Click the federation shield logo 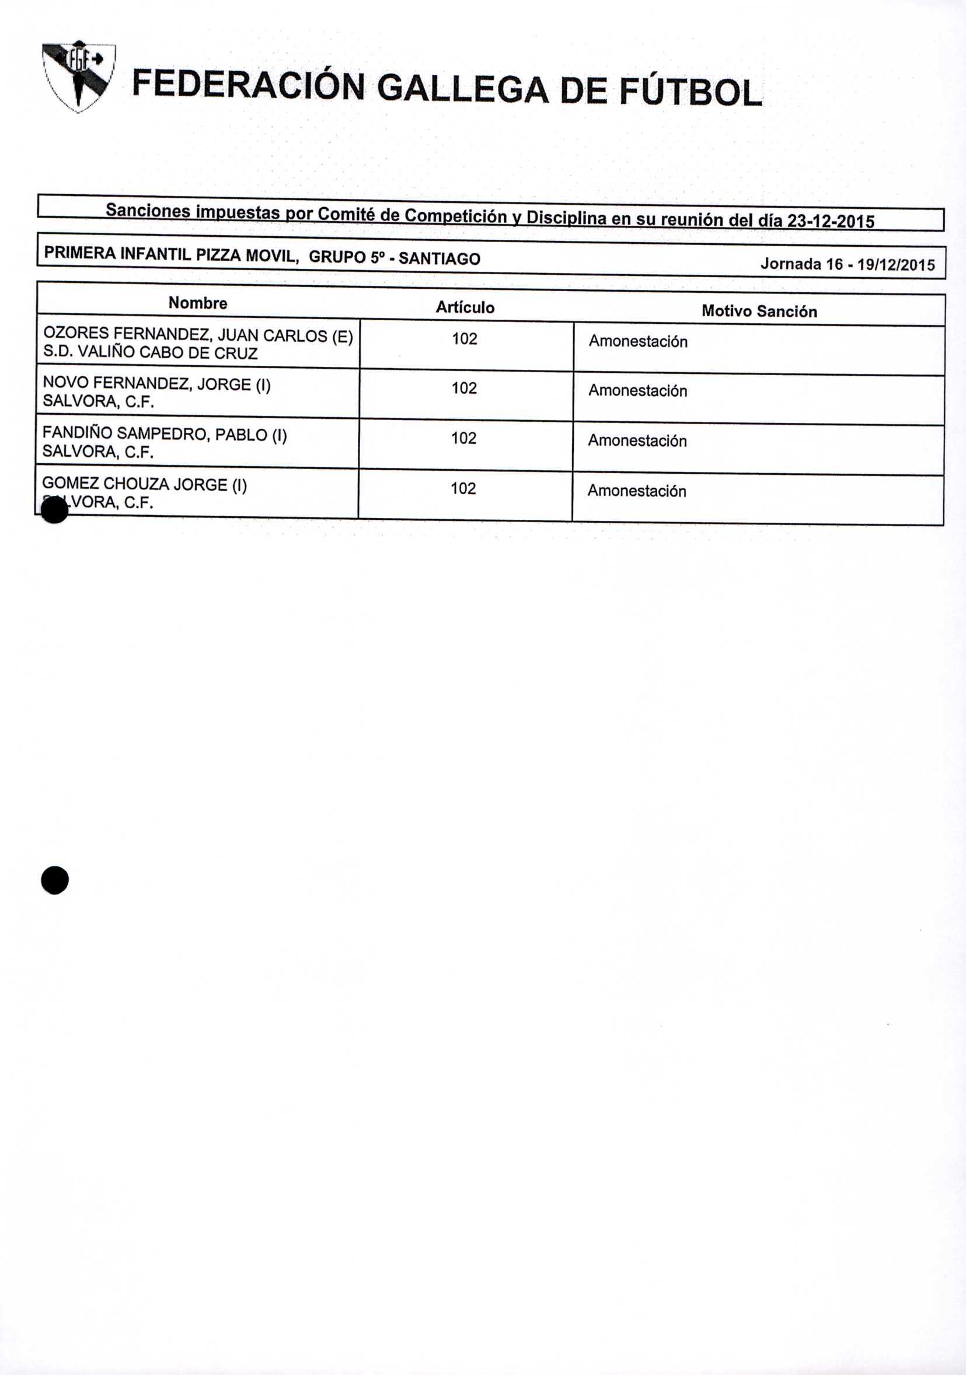tap(78, 76)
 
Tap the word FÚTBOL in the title tap(690, 93)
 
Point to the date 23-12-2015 tap(830, 222)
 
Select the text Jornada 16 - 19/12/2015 tap(848, 265)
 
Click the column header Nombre tap(198, 303)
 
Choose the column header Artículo tap(465, 308)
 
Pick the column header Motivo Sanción tap(759, 312)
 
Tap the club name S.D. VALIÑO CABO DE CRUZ tap(151, 354)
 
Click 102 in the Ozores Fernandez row tap(465, 339)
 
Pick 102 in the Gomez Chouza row tap(463, 489)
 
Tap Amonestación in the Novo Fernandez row tap(637, 391)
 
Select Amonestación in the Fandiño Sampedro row tap(637, 442)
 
